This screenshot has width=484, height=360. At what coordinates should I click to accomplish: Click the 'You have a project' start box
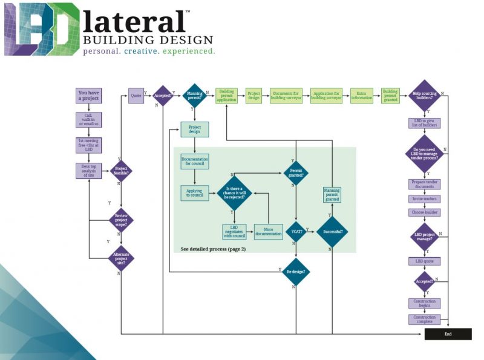pyautogui.click(x=89, y=96)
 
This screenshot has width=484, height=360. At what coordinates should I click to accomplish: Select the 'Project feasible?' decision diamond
pyautogui.click(x=121, y=171)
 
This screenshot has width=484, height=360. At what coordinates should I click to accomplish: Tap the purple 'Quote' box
pyautogui.click(x=136, y=96)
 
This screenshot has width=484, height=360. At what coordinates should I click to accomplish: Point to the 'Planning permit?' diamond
pyautogui.click(x=194, y=96)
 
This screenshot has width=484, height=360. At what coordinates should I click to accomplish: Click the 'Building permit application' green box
pyautogui.click(x=227, y=96)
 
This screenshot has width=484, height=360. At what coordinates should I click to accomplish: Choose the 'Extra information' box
pyautogui.click(x=361, y=96)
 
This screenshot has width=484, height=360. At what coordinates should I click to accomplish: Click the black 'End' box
pyautogui.click(x=448, y=333)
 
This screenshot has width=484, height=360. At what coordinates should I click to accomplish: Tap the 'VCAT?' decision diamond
pyautogui.click(x=296, y=231)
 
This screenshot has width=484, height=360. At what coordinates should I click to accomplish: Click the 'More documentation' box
pyautogui.click(x=268, y=232)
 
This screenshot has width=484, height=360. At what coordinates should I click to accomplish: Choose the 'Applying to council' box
pyautogui.click(x=194, y=193)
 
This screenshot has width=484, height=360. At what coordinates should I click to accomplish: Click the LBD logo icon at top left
pyautogui.click(x=41, y=29)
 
